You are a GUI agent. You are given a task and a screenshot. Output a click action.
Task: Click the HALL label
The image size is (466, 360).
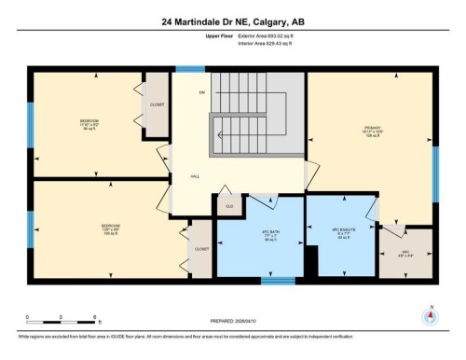coord(195,175)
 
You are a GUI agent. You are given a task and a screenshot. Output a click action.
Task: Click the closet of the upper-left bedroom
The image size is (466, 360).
coord(156,105)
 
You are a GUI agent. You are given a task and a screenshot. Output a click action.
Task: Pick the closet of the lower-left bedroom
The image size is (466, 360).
coord(202,249)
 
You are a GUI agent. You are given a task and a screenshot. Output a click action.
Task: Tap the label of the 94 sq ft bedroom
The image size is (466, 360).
coord(89,124)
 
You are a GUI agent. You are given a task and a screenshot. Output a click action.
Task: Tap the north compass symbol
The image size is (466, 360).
coord(431,314)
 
